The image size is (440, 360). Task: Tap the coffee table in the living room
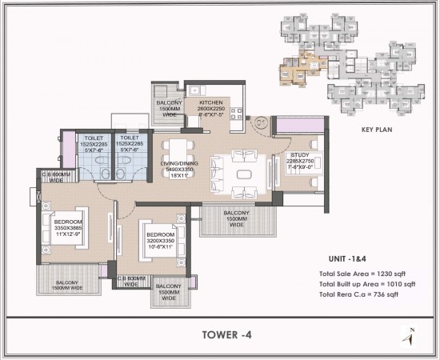(243, 174)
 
